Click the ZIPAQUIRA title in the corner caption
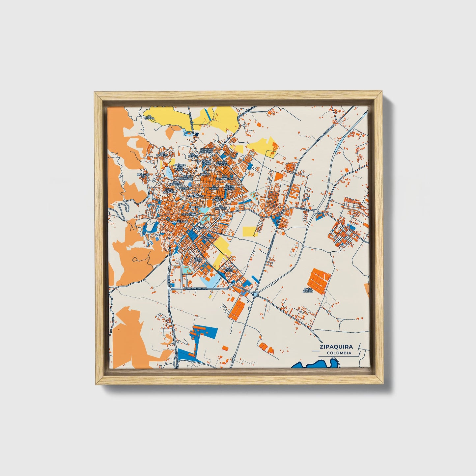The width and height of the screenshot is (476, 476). coord(336,347)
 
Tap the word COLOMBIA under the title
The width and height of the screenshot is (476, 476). coord(339,353)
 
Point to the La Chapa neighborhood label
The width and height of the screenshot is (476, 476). coord(149,117)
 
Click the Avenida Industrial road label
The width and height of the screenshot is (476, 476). coord(194,289)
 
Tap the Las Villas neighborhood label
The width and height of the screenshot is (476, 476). coord(229,269)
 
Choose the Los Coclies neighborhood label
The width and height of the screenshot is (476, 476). coord(162,154)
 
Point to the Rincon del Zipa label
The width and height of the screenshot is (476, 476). coord(222,164)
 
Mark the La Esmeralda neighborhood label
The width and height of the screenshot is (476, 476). coord(196,196)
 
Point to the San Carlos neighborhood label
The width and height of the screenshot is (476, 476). coord(218,199)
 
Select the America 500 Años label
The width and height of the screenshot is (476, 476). coord(180,167)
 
